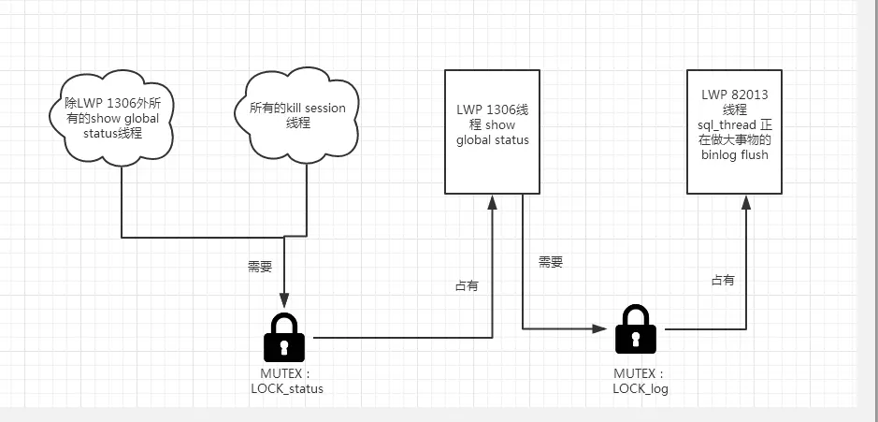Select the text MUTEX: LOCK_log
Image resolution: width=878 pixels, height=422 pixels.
click(x=640, y=381)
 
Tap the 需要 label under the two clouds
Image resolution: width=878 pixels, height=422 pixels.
click(x=260, y=266)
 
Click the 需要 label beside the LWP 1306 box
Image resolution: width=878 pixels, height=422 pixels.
click(x=551, y=263)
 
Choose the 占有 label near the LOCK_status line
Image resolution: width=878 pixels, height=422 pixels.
click(x=467, y=285)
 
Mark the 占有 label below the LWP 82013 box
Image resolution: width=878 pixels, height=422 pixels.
click(x=723, y=279)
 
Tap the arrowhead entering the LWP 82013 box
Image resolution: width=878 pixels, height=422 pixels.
click(x=746, y=199)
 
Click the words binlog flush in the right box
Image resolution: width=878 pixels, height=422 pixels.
click(x=734, y=154)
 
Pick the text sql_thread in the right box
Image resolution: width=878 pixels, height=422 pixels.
click(x=727, y=124)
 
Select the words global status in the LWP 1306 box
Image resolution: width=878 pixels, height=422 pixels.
click(x=492, y=140)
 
